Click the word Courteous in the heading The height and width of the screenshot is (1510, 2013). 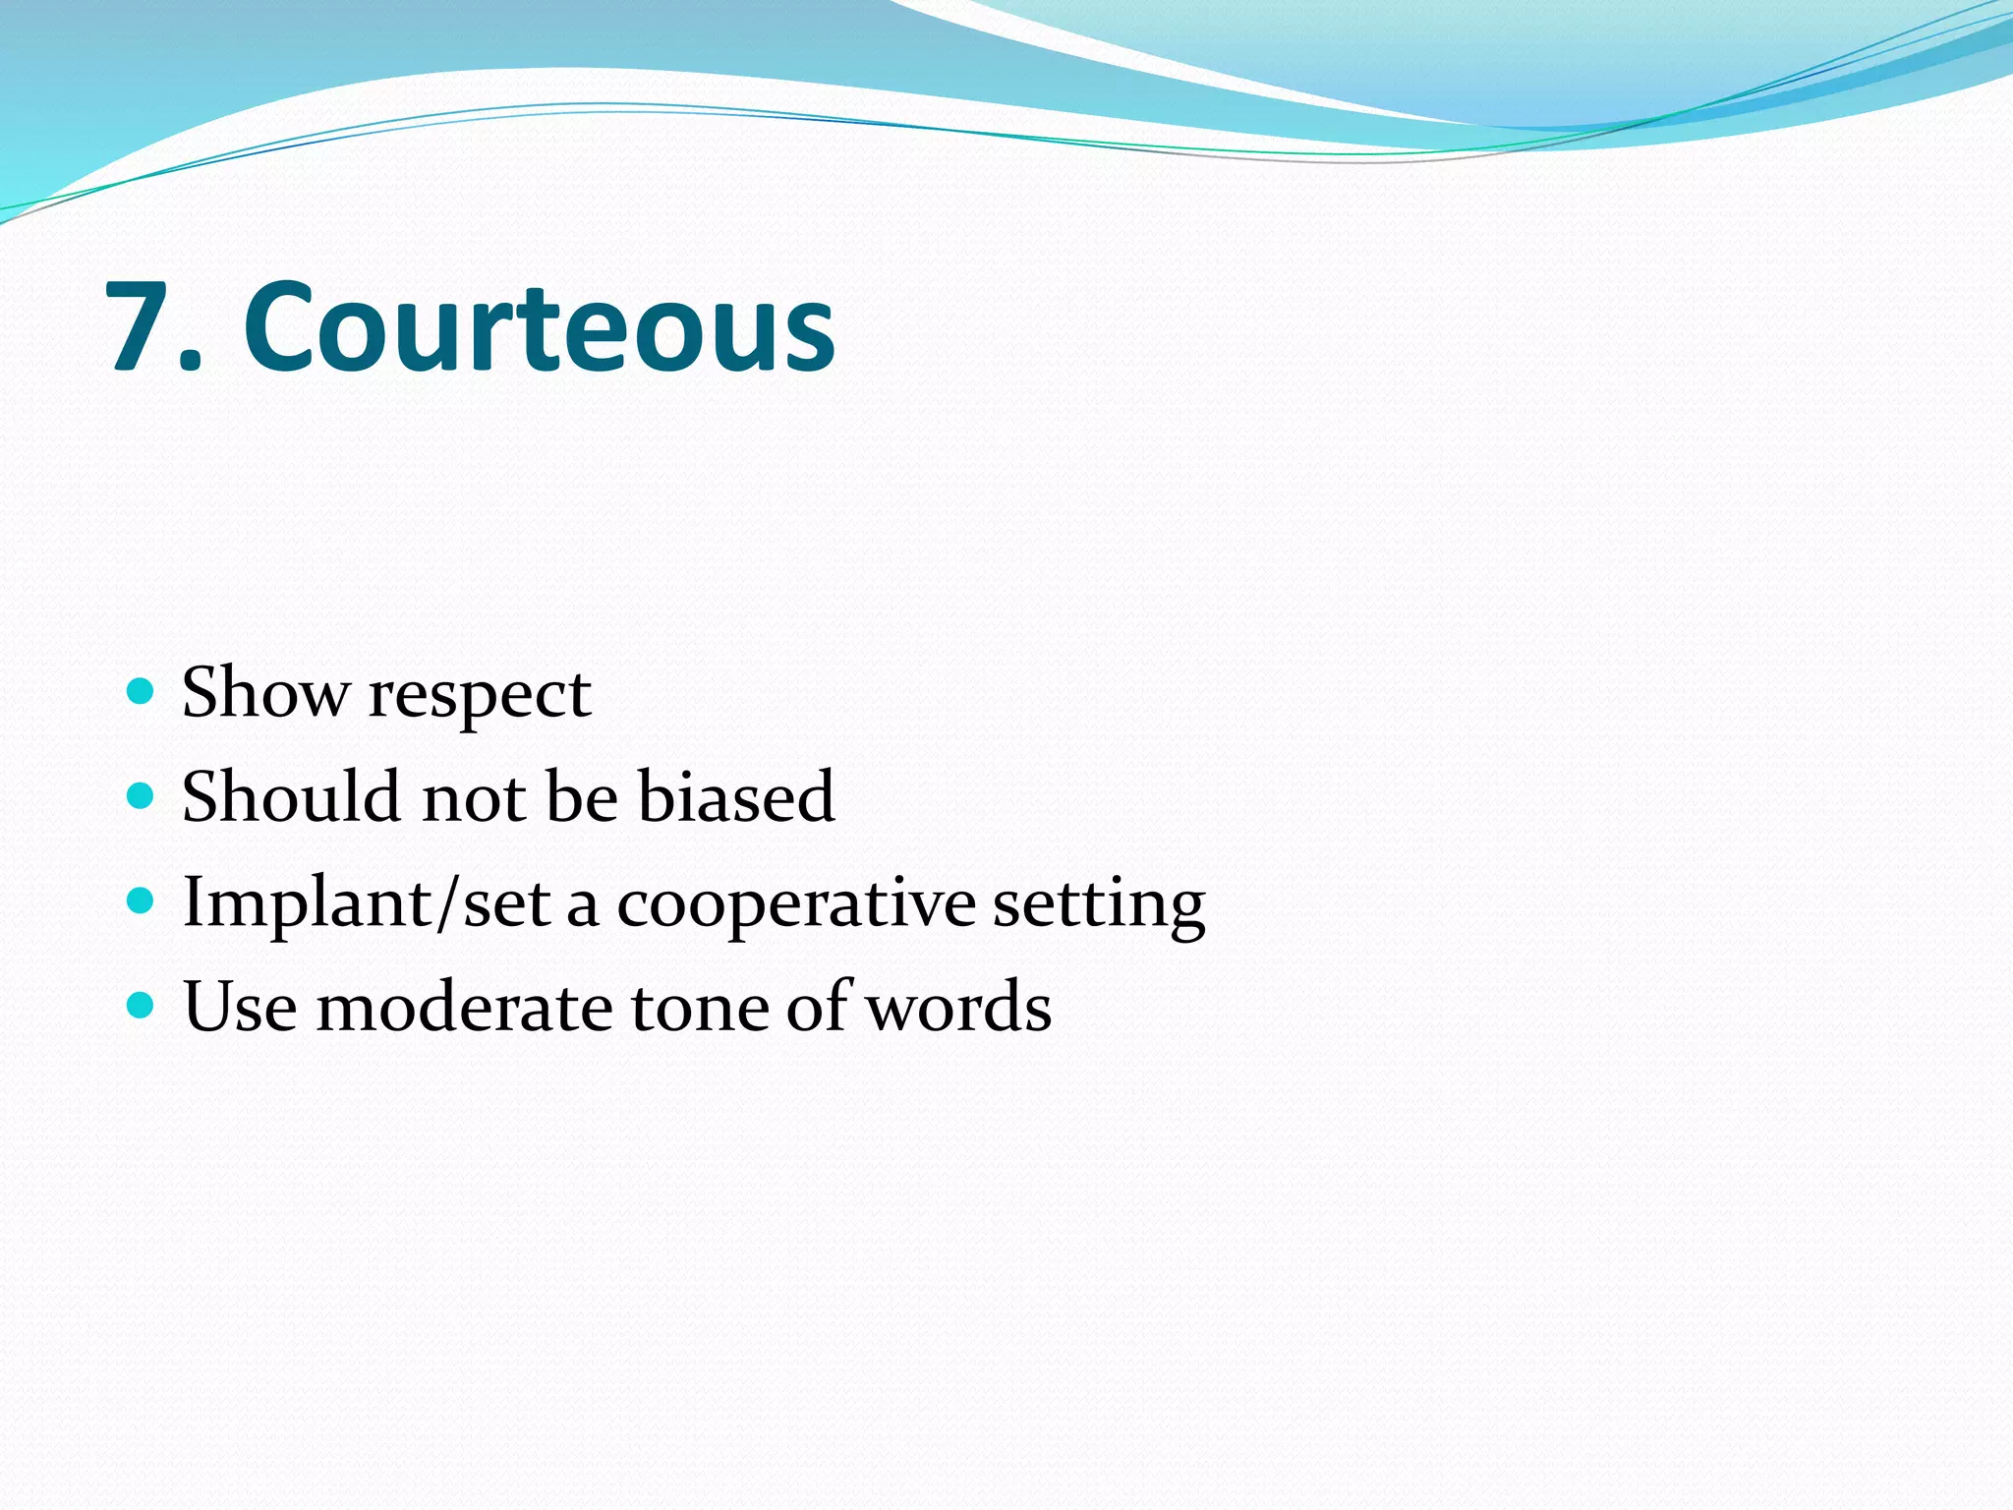[x=539, y=326]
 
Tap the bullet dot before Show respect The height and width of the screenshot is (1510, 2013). [x=142, y=691]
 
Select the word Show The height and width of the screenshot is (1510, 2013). [x=265, y=693]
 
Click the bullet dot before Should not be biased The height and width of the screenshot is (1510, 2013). [x=142, y=795]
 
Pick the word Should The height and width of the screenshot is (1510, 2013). [x=291, y=795]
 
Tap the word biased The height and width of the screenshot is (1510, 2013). [x=736, y=795]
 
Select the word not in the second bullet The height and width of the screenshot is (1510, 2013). [x=473, y=798]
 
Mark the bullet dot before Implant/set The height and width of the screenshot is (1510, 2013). [x=142, y=900]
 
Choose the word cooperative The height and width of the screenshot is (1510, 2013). [x=795, y=905]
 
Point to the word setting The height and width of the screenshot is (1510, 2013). [x=1098, y=905]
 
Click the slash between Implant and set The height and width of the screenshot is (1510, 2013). [x=448, y=902]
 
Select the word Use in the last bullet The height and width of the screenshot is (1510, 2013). [x=240, y=1008]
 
